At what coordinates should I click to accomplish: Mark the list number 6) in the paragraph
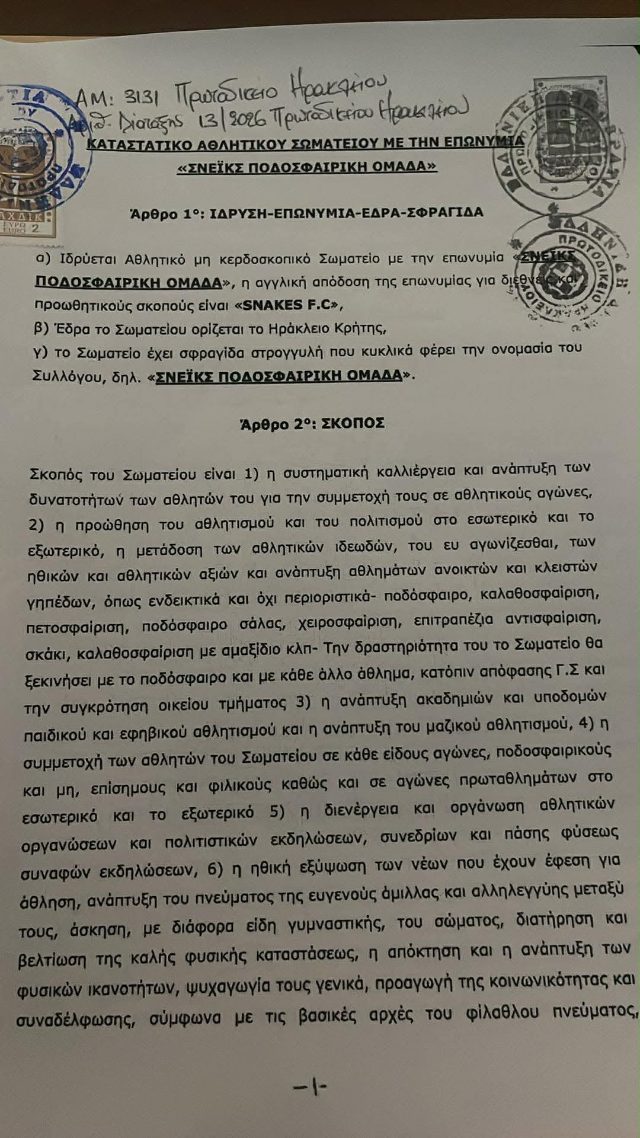point(215,869)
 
